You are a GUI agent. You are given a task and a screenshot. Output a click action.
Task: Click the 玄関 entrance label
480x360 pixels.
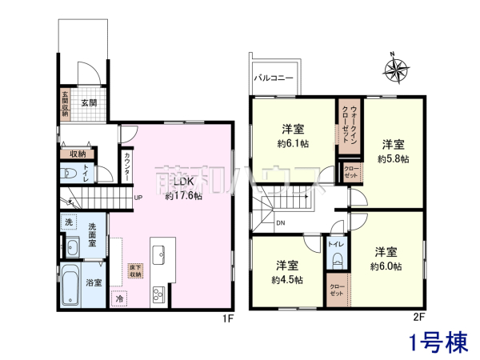[x=88, y=103]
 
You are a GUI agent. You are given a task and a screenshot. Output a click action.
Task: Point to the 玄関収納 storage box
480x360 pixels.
[x=66, y=103]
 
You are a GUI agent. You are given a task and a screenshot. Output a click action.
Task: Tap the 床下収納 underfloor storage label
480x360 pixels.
[x=135, y=270]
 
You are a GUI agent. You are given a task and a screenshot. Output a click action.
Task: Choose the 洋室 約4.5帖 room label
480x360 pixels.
[x=286, y=271]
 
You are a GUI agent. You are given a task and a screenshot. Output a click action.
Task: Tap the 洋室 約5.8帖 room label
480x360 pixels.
[x=392, y=150]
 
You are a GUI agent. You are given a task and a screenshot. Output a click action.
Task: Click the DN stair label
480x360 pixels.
[x=280, y=223]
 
